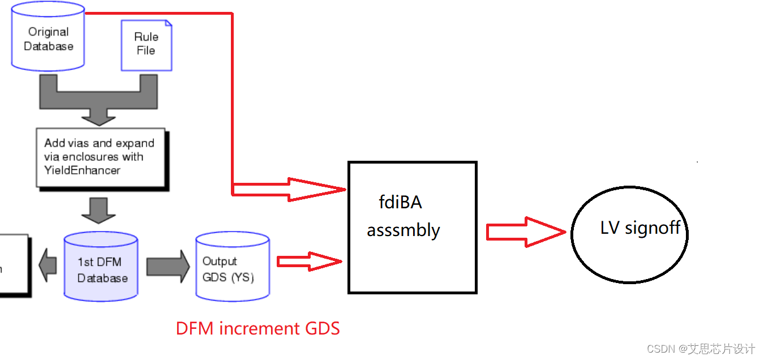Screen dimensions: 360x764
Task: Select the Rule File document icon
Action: coord(146,45)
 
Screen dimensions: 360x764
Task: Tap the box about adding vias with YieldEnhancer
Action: coord(100,157)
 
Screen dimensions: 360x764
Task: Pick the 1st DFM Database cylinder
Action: coord(102,266)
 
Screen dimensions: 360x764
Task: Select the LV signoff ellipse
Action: coord(629,234)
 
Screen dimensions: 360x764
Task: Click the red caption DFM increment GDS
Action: coord(257,328)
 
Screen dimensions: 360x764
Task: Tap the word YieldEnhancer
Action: coord(83,170)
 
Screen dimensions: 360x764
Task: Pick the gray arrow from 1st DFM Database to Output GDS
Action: coord(168,266)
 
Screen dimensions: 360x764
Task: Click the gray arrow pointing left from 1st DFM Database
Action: coord(48,264)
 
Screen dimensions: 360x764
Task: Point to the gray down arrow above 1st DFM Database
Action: coord(98,210)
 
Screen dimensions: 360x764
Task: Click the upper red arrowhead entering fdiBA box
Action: coord(317,188)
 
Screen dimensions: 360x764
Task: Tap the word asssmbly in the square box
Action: coord(403,230)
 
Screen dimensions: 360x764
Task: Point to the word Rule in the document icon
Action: coord(146,37)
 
